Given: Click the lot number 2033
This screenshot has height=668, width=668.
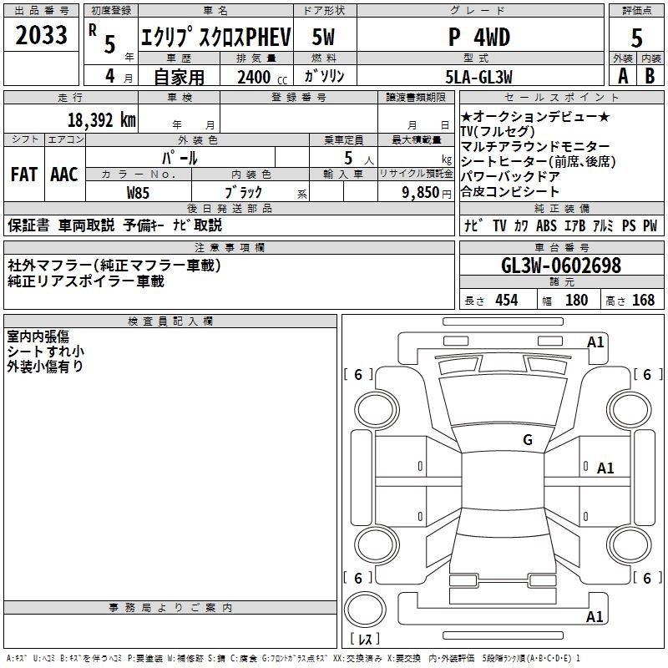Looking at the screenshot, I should pos(41,35).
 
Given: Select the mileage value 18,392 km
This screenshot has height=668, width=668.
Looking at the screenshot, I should pos(101,119).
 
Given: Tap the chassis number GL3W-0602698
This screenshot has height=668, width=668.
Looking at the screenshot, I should pos(561,266).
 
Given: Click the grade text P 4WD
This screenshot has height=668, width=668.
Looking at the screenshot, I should pos(478,38).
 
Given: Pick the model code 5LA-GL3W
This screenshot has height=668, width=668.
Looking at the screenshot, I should pos(478,77).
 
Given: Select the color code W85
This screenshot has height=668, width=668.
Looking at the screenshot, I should pos(139,192).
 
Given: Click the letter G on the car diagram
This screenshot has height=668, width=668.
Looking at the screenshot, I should pos(527,440).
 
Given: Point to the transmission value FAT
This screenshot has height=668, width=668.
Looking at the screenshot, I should pos(23,175).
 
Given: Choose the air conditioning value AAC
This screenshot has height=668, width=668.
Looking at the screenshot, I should pos(64,175).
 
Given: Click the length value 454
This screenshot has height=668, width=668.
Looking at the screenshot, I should pos(506,300).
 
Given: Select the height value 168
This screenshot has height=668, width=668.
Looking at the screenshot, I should pos(643,300).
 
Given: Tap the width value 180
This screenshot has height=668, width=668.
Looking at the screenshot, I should pos(576,300).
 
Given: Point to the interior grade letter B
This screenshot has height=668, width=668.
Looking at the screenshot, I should pos(650,77).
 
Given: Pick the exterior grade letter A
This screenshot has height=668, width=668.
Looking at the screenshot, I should pos(622,77).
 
